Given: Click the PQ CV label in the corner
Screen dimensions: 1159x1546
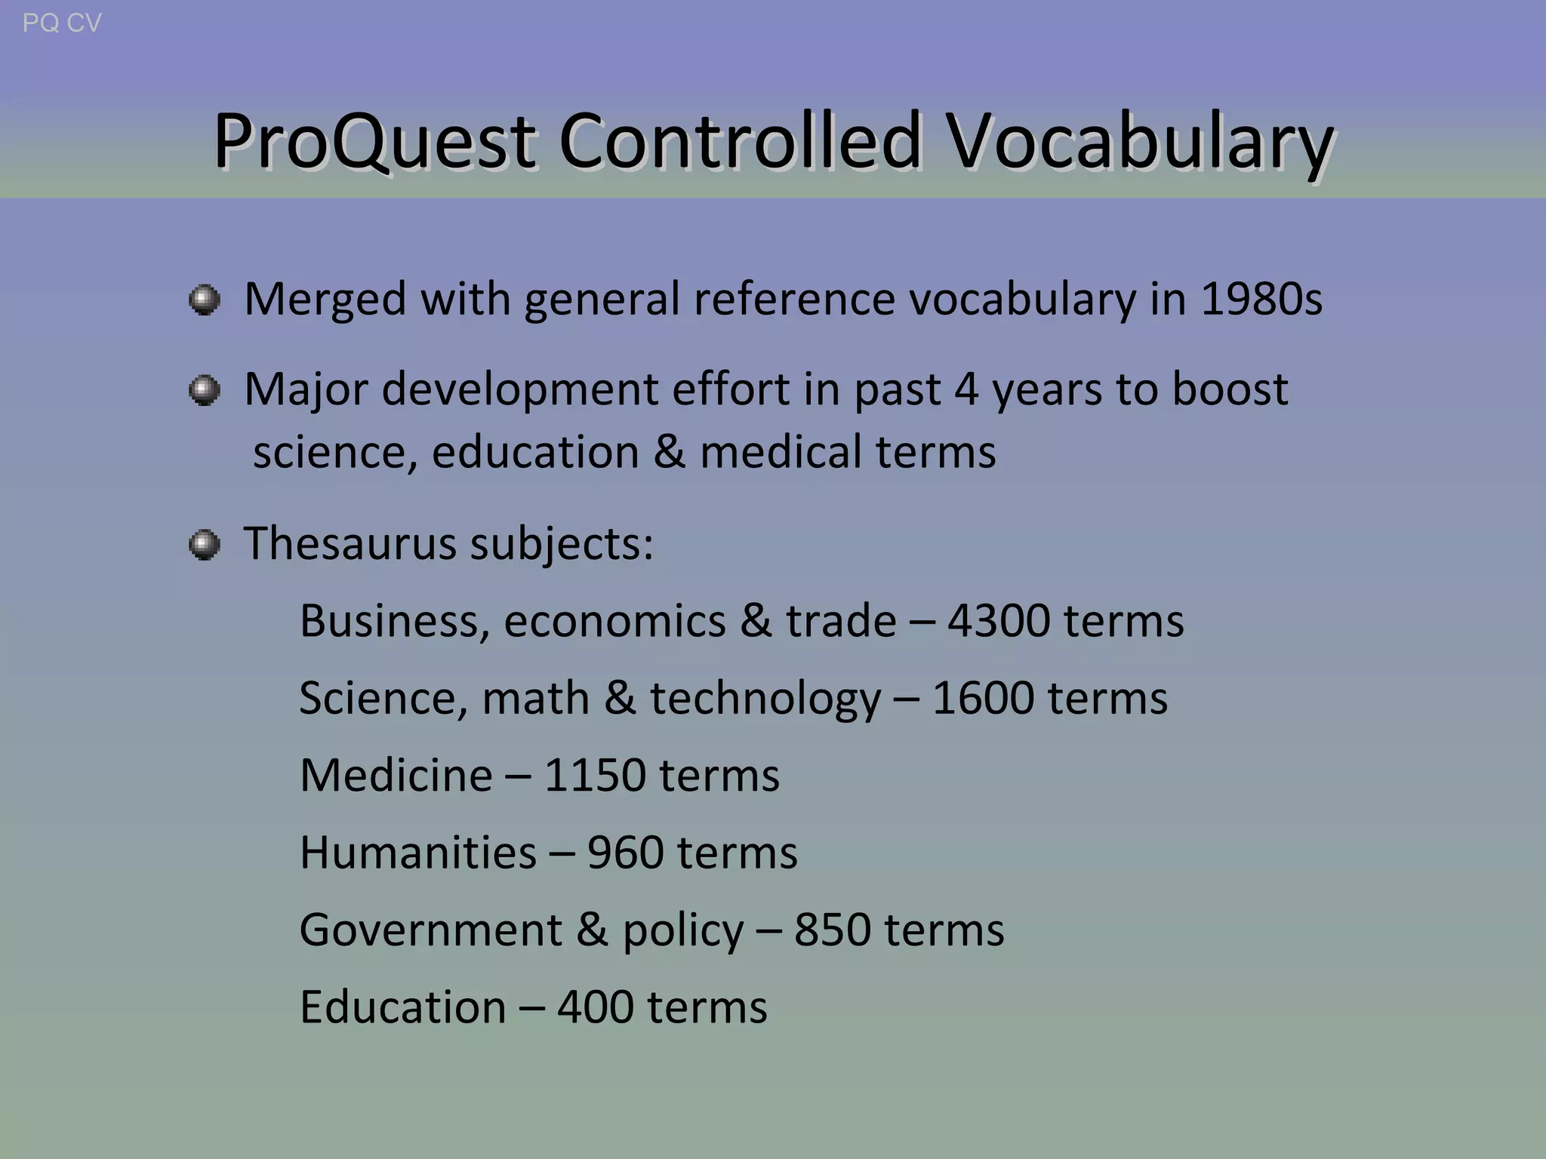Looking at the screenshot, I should [62, 23].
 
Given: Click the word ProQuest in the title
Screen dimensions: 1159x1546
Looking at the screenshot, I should [374, 141].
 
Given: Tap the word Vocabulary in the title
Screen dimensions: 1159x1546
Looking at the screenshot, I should [1140, 141].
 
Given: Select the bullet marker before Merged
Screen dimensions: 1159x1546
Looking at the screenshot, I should [204, 300].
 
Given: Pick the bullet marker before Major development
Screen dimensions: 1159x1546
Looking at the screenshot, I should [204, 390].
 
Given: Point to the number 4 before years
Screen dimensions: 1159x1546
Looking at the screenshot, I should [967, 389].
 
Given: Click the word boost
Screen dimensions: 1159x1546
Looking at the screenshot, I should [1230, 389].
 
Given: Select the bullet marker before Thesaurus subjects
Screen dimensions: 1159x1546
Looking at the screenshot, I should [204, 544].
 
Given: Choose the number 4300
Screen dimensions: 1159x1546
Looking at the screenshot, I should [998, 621].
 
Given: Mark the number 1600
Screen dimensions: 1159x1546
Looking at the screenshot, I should [982, 698].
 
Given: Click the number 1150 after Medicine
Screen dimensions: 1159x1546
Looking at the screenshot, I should [594, 776].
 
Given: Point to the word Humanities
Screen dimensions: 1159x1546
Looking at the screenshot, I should [417, 853].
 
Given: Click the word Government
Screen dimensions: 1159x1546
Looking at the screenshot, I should [430, 930].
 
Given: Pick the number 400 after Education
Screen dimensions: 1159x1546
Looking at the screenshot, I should [595, 1007].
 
